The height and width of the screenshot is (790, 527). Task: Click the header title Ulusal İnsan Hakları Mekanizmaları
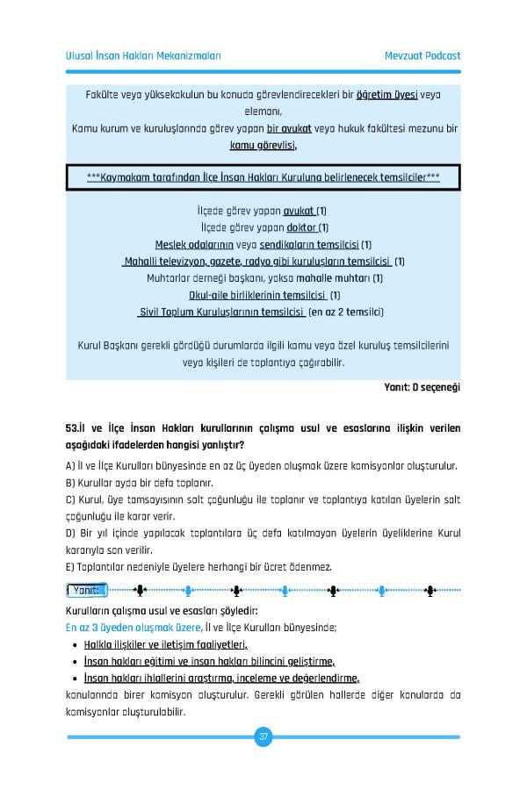[x=143, y=55]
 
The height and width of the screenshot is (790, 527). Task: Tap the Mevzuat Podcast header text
[x=422, y=55]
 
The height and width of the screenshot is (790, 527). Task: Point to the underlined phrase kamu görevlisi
[x=263, y=145]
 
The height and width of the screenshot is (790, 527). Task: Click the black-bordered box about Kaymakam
[x=263, y=177]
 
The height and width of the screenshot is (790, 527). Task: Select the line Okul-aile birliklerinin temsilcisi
[x=263, y=295]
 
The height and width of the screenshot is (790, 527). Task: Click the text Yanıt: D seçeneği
[x=422, y=387]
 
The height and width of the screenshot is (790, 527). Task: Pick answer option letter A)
[x=70, y=466]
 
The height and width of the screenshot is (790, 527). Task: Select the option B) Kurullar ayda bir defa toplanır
[x=139, y=483]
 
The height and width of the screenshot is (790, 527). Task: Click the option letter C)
[x=70, y=499]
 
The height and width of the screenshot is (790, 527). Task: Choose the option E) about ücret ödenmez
[x=199, y=567]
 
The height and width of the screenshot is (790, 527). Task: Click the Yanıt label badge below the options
[x=86, y=590]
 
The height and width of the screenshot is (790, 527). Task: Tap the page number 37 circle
[x=263, y=736]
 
